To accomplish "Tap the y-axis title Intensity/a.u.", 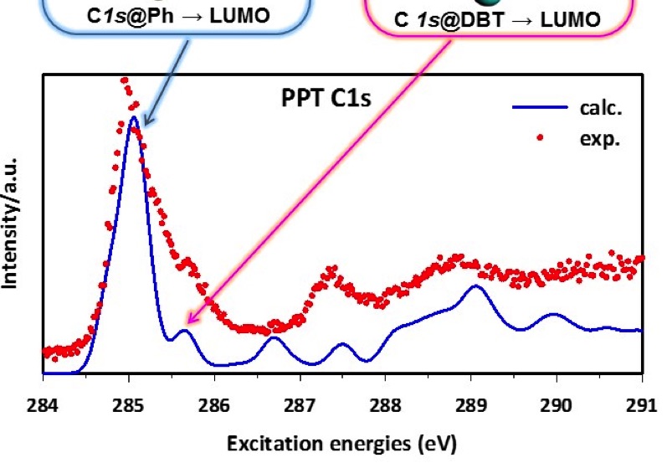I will [x=14, y=221].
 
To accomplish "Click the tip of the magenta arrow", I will [x=187, y=322].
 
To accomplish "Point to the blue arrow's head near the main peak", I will [x=144, y=126].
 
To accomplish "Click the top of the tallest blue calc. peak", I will [x=131, y=117].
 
